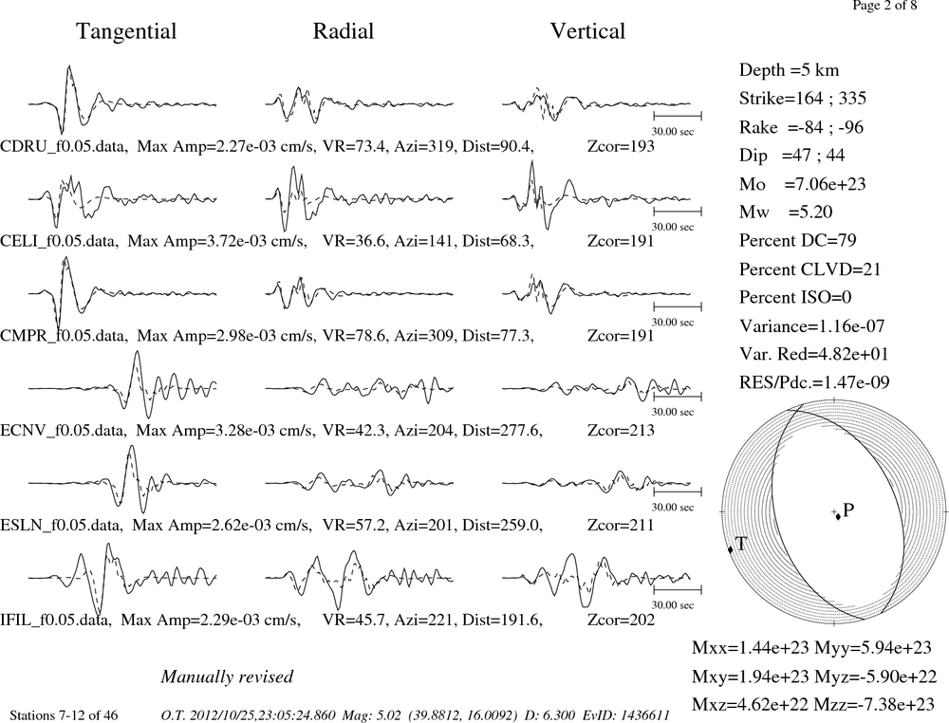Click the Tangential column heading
(126, 31)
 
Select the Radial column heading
(344, 31)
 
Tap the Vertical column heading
(587, 31)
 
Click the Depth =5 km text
(789, 70)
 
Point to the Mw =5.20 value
(786, 212)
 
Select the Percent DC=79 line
(797, 241)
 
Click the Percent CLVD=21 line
(809, 269)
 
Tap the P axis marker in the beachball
(838, 516)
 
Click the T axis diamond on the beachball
(731, 548)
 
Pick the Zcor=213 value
(621, 430)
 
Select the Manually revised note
(227, 677)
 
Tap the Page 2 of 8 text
(884, 6)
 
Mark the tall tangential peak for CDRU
(69, 66)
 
